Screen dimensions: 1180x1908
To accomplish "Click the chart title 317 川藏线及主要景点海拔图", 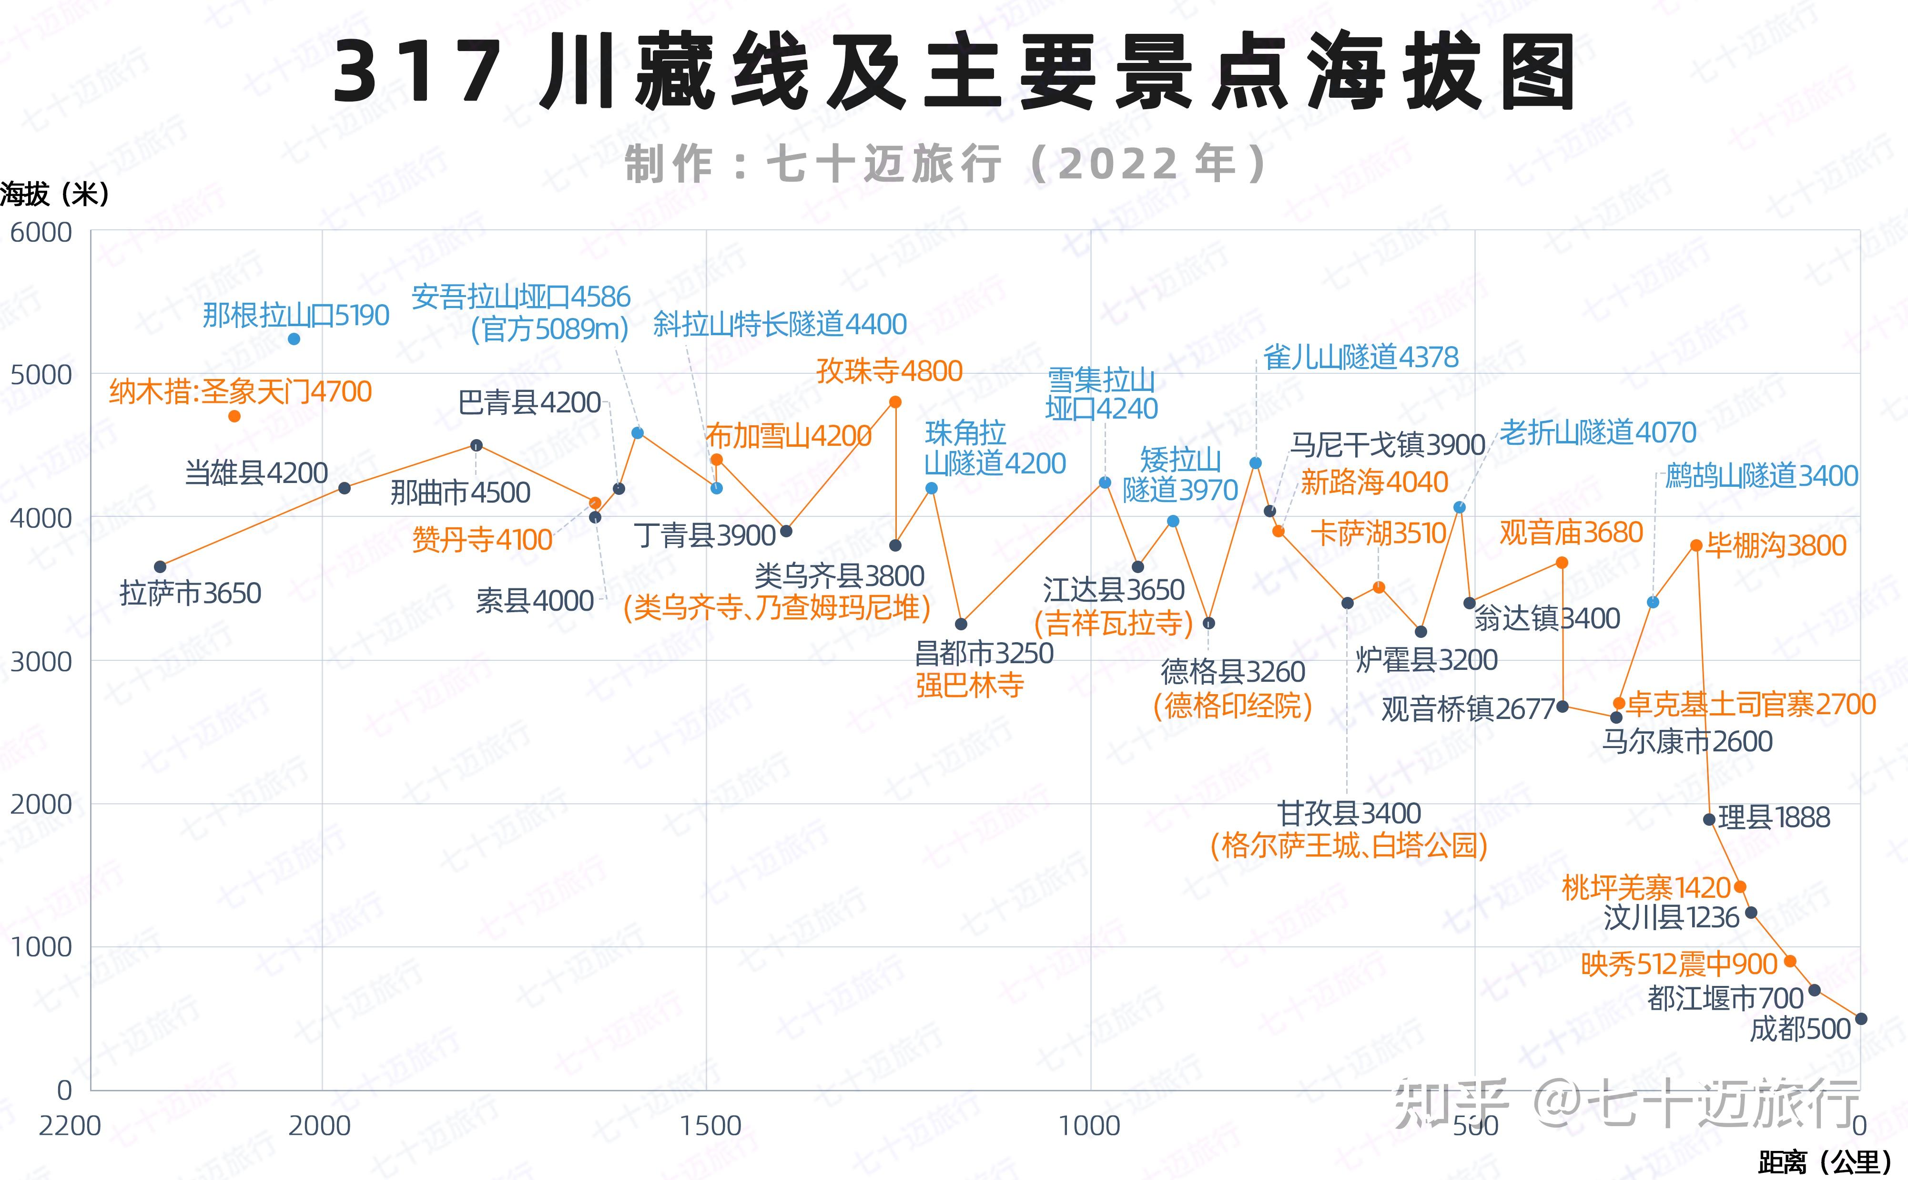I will coord(953,72).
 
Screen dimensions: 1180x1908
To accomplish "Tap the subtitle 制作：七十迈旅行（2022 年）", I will coord(945,164).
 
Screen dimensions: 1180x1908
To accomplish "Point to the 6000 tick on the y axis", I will coord(41,233).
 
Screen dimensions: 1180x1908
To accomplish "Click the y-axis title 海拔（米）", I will coord(55,194).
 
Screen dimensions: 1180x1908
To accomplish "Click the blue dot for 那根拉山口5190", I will coord(294,339).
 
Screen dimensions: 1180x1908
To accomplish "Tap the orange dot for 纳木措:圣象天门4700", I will coord(234,416).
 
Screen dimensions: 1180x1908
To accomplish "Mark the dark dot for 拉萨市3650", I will coord(160,566).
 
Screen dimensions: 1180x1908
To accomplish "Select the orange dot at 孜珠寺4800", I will coord(895,402).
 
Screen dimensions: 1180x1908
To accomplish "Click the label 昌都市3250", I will coord(984,652).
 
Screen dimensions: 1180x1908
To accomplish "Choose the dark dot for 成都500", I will coord(1860,1018).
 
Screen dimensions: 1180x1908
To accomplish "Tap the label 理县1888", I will coord(1773,818).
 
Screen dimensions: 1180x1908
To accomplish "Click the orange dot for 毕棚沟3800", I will coord(1696,545).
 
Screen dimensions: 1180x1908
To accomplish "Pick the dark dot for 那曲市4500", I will coord(477,446).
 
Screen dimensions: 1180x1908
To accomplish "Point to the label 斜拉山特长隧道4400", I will coord(779,324).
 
